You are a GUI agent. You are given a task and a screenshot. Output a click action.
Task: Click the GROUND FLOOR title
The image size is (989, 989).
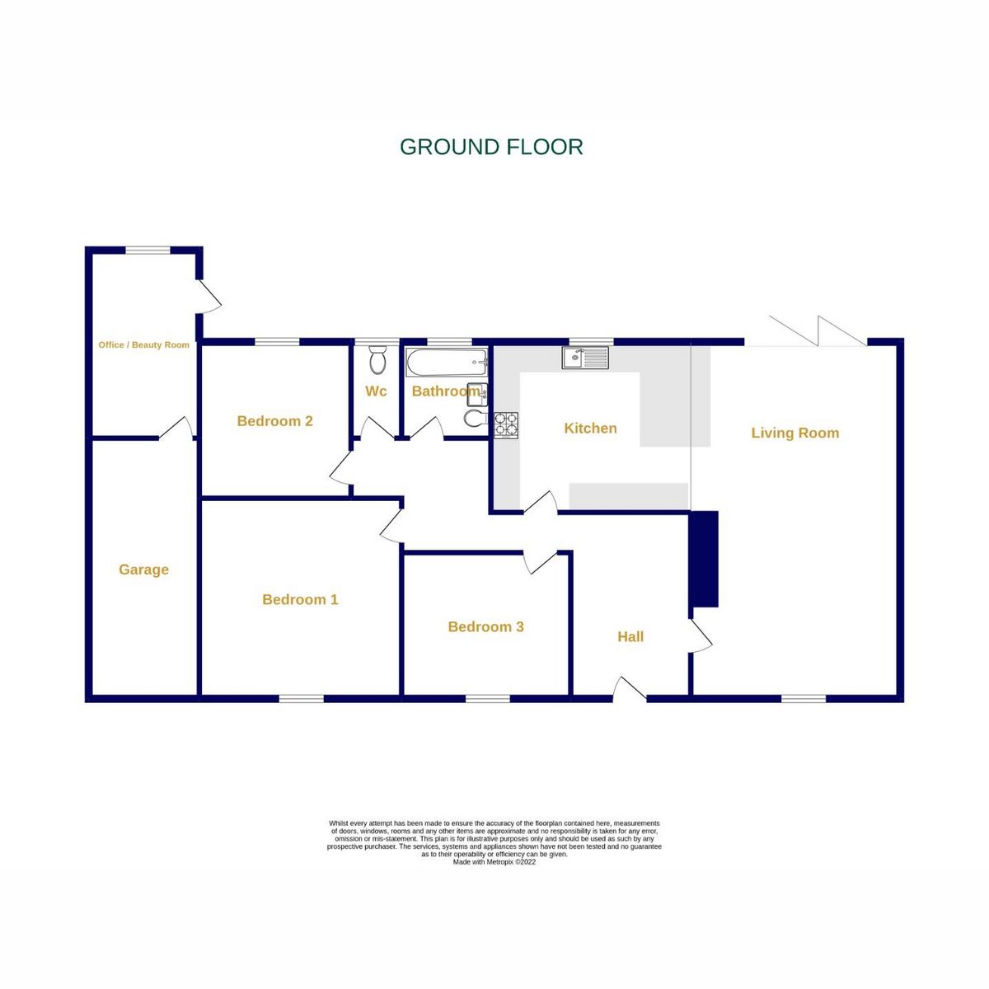[x=491, y=148]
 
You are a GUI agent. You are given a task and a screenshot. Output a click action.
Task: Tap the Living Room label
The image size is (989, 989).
[x=794, y=433]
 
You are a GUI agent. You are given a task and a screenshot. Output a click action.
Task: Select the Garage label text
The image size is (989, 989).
[x=143, y=569]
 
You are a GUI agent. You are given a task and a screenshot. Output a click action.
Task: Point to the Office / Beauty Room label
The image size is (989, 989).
[x=143, y=345]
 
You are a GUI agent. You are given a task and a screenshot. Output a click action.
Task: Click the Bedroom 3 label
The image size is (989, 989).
[x=485, y=626]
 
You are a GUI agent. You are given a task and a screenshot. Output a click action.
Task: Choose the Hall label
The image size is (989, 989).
[x=630, y=636]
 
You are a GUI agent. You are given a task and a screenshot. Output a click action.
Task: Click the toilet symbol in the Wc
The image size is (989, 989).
[x=377, y=360]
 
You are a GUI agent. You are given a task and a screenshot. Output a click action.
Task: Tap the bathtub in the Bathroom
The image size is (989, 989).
[x=446, y=361]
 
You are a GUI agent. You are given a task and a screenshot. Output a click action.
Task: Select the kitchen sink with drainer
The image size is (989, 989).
[x=586, y=358]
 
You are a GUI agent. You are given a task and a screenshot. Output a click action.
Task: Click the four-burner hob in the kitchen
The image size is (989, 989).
[x=506, y=424]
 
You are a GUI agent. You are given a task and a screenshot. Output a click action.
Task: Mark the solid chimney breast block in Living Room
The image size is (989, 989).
[x=704, y=559]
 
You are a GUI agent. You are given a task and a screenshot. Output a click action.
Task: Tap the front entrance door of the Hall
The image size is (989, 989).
[x=630, y=691]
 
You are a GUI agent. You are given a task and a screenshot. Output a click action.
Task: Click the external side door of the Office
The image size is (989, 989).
[x=210, y=296]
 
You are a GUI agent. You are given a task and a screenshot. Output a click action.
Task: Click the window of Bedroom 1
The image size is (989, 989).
[x=301, y=699]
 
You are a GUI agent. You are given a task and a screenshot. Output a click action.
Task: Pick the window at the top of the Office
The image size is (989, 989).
[x=148, y=250]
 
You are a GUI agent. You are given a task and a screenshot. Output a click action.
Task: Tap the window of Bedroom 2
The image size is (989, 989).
[x=276, y=342]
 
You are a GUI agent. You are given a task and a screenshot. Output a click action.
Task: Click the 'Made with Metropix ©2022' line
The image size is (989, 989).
[x=494, y=862]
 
